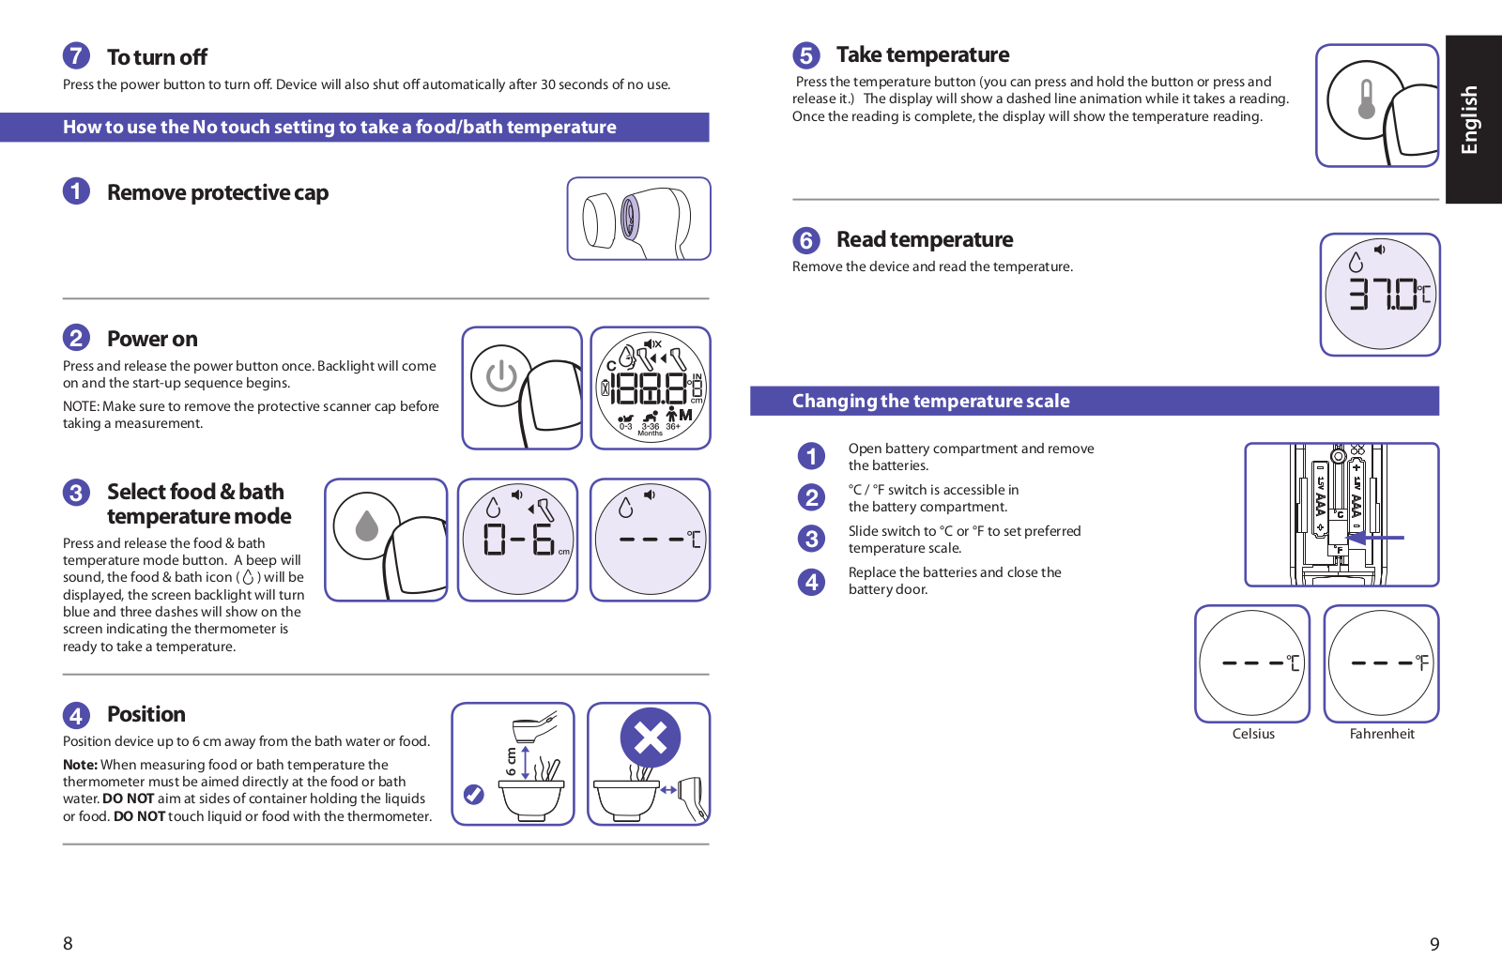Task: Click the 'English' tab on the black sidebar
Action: [1470, 119]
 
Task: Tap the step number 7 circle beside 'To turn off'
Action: [76, 55]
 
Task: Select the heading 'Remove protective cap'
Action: [217, 192]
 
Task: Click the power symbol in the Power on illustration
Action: [501, 375]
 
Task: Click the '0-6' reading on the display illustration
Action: [518, 540]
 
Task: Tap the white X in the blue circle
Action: [650, 738]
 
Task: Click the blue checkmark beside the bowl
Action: [474, 795]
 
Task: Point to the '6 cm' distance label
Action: [511, 762]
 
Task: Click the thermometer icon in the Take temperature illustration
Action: [1367, 99]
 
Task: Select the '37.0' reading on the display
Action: [1384, 295]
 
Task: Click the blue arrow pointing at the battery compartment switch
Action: [1376, 538]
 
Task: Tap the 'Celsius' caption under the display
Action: [1253, 734]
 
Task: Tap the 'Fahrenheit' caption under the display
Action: [1382, 734]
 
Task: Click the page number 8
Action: [68, 943]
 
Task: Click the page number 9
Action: [1434, 944]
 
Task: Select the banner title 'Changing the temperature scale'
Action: [930, 401]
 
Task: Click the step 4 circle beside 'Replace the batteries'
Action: [811, 582]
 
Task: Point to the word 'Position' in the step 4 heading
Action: [146, 714]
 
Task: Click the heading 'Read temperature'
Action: [925, 239]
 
